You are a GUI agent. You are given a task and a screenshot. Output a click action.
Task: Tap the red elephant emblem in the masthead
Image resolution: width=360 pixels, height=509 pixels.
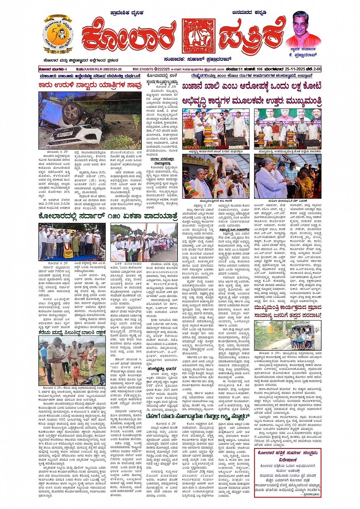pos(198,36)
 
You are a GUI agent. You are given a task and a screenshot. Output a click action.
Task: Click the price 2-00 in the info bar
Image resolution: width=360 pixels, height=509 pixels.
pos(316,69)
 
